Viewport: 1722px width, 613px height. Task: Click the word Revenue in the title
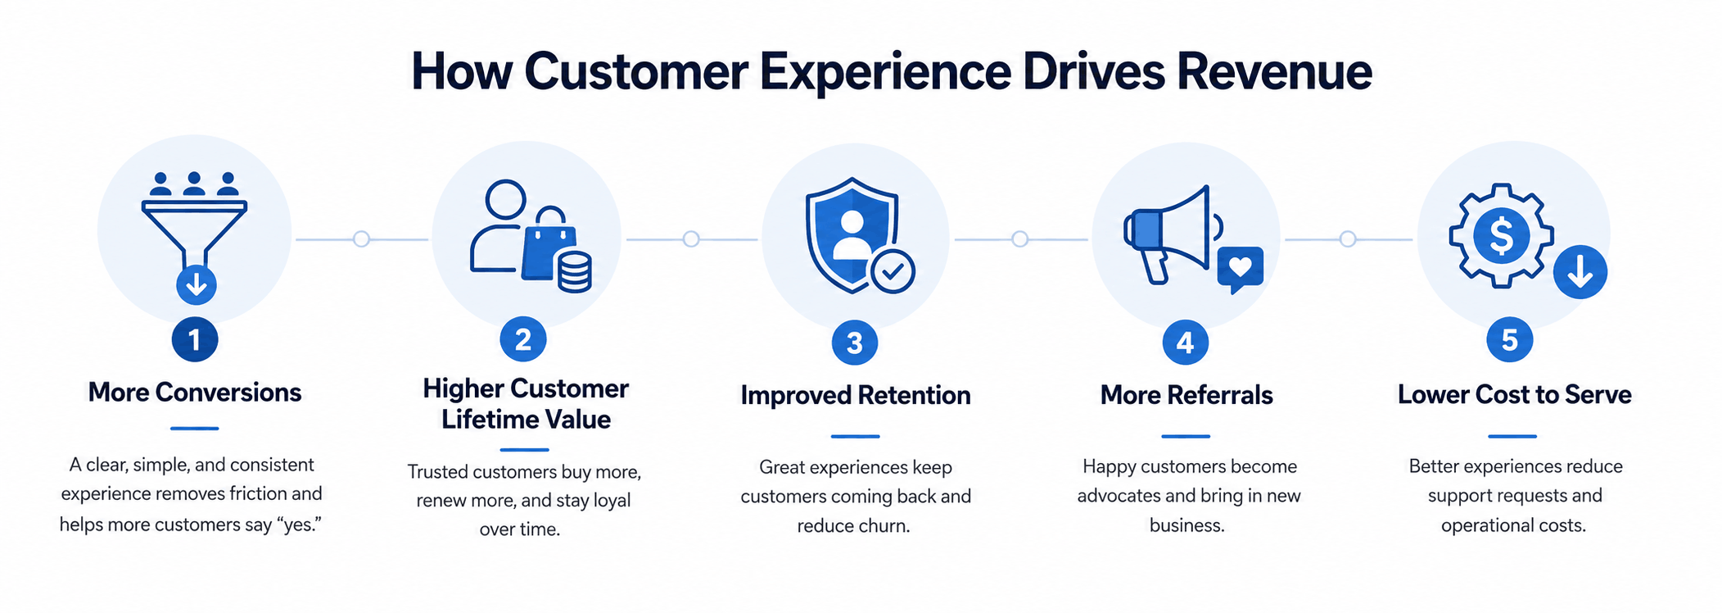(1274, 71)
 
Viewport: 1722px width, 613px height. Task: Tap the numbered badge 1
(195, 339)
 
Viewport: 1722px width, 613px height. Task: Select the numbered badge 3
(854, 343)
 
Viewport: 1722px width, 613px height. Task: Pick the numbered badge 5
(1510, 340)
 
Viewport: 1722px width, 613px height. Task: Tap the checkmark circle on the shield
(893, 271)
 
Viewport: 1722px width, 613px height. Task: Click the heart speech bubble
(1241, 269)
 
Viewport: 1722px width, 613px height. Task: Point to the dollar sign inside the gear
(1501, 236)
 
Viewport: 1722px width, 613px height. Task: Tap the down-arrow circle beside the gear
(1580, 272)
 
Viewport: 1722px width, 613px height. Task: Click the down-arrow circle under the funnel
(197, 284)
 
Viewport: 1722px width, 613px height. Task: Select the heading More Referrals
(1186, 395)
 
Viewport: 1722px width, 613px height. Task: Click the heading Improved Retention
(856, 395)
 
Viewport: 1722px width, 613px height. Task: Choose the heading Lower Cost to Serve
(1514, 394)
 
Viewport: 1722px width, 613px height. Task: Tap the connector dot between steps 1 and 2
(361, 239)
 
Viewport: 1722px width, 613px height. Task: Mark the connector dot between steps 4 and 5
(1348, 239)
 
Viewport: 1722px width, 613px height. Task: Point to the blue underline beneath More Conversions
(195, 429)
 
